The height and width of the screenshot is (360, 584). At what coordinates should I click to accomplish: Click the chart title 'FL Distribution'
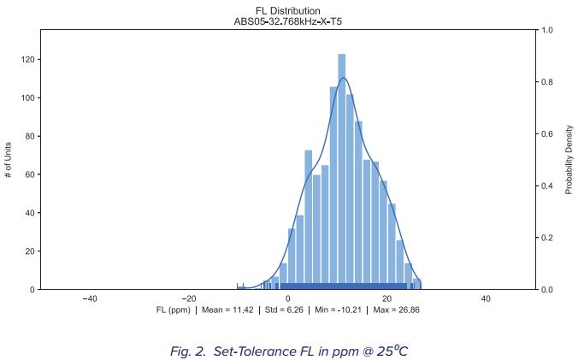288,10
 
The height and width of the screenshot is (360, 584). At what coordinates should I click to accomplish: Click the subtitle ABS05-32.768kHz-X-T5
288,21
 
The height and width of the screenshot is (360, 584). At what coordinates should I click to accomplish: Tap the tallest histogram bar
342,171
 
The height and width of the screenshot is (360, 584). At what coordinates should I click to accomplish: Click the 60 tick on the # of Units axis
29,174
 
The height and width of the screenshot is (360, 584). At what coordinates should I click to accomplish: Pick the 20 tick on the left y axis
29,251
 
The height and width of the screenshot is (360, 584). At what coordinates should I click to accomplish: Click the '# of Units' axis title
8,159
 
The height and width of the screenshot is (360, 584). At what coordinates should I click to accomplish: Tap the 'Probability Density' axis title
569,159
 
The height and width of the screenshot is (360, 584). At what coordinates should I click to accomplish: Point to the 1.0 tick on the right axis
546,30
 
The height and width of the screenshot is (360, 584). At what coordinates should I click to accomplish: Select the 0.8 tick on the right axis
546,82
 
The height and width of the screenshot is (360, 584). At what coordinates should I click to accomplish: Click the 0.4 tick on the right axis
546,186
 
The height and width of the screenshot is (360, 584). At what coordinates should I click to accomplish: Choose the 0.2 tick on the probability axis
546,238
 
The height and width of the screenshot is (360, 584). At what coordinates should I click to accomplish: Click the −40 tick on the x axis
89,298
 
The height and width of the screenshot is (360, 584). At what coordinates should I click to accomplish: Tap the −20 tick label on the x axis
188,298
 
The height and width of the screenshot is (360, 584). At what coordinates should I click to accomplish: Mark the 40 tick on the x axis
487,298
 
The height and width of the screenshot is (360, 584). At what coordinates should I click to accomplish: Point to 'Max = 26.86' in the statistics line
394,310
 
